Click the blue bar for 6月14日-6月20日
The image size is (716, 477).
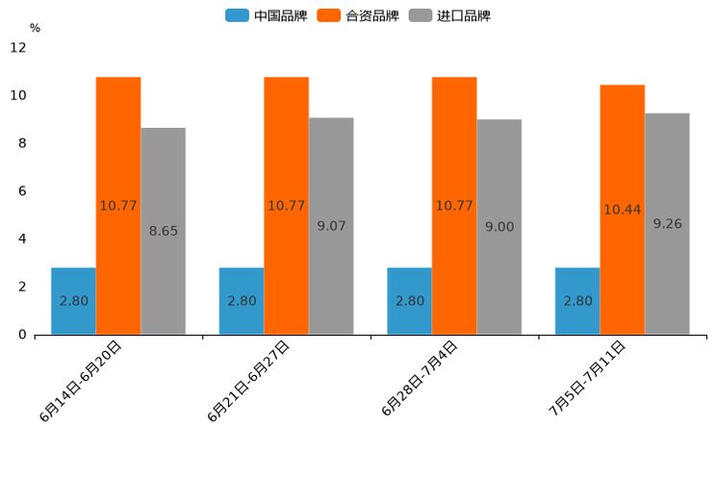point(73,301)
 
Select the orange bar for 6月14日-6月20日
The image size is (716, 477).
point(118,206)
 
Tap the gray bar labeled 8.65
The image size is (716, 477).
point(163,231)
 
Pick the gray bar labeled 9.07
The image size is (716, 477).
point(331,226)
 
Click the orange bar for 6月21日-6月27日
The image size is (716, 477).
point(286,206)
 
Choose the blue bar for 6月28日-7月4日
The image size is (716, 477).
point(409,301)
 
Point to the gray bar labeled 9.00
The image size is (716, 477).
point(499,227)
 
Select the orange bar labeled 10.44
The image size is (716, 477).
point(622,210)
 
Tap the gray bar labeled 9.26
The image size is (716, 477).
point(667,224)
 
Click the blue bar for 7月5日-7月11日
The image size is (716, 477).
point(577,301)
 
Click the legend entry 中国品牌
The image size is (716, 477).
point(267,15)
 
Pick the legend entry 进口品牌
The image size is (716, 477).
point(450,15)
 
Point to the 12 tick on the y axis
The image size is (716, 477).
point(18,48)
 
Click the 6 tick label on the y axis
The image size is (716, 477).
point(21,191)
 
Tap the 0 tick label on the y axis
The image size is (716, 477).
point(21,335)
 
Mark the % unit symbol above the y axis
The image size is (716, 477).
point(35,28)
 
